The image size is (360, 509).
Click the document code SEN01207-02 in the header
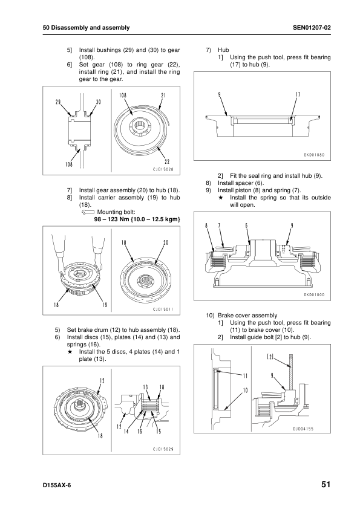pos(312,28)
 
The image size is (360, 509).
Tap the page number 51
pos(326,485)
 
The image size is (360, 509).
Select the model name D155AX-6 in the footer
pos(57,485)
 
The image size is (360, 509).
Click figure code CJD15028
pos(163,169)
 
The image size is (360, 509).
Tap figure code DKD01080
pos(314,155)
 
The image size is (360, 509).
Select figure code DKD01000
pos(314,295)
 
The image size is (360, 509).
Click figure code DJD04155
pos(303,429)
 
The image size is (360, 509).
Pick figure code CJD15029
pos(163,449)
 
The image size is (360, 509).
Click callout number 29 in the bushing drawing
pos(58,102)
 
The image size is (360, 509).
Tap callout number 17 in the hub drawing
pos(298,94)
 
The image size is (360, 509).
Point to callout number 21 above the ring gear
pos(163,95)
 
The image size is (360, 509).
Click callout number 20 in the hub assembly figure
pos(166,242)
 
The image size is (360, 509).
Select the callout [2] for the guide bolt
pos(270,357)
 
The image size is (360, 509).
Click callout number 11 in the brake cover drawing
pos(245,376)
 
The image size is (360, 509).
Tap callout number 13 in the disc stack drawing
pos(146,387)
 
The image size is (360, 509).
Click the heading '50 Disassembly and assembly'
pos(86,28)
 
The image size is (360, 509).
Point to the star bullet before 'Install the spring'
pos(220,198)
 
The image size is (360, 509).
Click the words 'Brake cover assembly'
pos(247,316)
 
